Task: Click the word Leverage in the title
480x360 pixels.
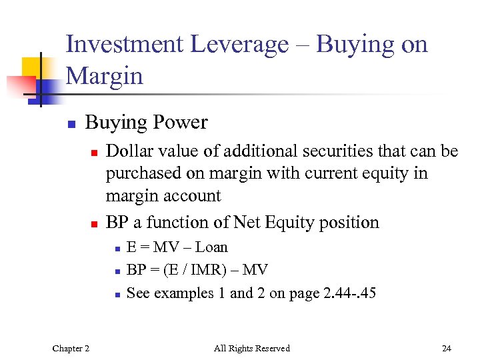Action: coord(239,45)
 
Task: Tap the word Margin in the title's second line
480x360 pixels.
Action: coord(105,76)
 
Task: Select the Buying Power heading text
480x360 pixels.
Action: coord(146,123)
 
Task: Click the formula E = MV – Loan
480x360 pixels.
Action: coord(177,247)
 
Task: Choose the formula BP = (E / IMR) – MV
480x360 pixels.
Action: coord(197,270)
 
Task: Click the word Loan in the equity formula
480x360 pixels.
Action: coord(211,247)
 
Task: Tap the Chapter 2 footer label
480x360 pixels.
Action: coord(72,348)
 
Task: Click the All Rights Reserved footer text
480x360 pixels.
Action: coord(251,348)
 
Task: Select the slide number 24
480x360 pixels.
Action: coord(446,348)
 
